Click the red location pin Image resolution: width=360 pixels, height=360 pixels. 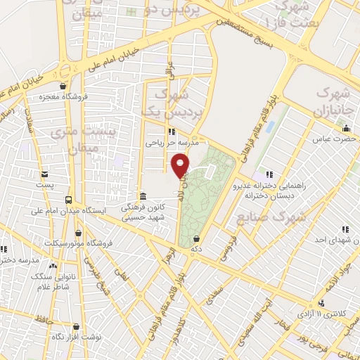tap(181, 166)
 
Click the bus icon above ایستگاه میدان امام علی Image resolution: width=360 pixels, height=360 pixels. tap(69, 198)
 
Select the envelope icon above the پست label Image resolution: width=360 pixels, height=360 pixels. tap(45, 174)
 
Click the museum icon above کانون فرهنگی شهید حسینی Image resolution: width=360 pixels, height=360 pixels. tap(143, 195)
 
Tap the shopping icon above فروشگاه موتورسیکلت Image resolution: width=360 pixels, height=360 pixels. tap(78, 233)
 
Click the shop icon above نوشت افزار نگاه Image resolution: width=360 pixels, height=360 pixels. tap(75, 326)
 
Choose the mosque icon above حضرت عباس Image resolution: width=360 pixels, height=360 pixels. tap(345, 128)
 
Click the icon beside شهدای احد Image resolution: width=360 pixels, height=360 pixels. tap(345, 229)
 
